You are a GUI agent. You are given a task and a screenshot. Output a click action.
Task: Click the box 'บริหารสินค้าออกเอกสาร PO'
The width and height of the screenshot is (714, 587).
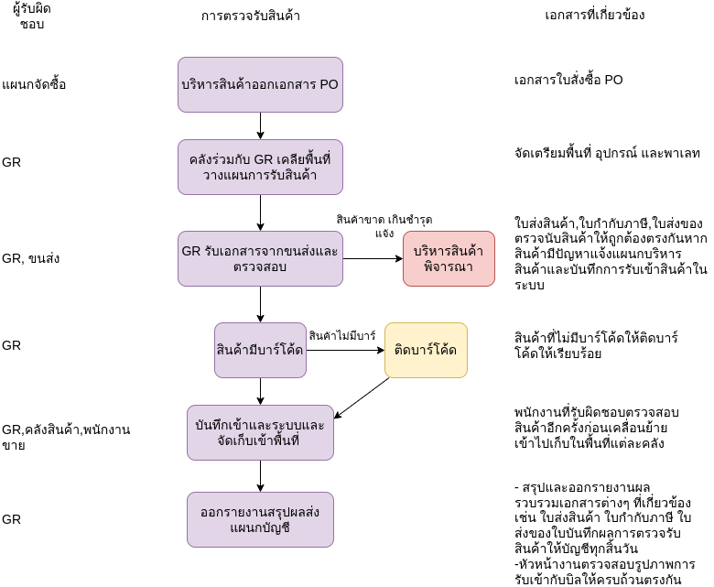pos(260,84)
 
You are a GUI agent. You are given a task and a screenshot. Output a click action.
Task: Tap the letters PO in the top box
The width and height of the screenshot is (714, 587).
pos(328,85)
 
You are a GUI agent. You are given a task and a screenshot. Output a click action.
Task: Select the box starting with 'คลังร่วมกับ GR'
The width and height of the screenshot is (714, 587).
pos(260,167)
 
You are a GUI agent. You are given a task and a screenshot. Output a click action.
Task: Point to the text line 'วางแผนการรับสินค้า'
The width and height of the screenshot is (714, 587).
pos(260,175)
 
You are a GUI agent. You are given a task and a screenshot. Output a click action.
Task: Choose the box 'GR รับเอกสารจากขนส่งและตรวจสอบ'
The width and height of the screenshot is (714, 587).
pos(260,258)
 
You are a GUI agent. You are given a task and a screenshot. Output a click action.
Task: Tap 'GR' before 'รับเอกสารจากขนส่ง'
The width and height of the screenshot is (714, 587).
pos(191,251)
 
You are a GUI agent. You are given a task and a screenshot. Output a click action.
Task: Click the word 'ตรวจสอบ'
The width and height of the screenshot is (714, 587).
pos(260,266)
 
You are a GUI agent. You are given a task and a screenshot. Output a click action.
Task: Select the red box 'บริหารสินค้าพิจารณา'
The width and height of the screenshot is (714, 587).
pos(449,258)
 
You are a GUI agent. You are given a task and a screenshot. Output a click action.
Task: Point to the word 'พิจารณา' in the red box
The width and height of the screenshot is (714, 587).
pos(449,266)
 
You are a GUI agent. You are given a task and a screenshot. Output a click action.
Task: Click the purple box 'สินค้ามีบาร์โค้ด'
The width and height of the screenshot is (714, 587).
pos(260,350)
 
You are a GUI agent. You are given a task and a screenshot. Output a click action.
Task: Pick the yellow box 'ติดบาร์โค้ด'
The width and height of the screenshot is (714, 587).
pos(426,350)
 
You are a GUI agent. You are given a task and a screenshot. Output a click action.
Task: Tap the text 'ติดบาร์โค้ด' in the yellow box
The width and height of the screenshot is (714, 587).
pos(426,350)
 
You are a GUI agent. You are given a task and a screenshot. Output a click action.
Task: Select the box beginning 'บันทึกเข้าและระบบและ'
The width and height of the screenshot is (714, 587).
pos(260,432)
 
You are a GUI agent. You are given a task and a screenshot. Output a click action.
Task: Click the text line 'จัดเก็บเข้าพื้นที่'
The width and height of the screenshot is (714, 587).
pos(260,441)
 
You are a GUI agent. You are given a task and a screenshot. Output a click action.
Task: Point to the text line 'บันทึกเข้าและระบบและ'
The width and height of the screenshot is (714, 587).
pos(260,425)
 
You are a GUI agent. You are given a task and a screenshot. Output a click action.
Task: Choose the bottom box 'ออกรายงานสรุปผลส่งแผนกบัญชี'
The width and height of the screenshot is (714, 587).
pos(260,519)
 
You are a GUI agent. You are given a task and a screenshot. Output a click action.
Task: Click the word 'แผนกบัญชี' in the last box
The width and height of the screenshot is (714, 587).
pos(260,528)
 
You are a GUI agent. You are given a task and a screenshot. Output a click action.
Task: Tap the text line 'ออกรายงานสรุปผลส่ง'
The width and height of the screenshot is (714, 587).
pos(260,512)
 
